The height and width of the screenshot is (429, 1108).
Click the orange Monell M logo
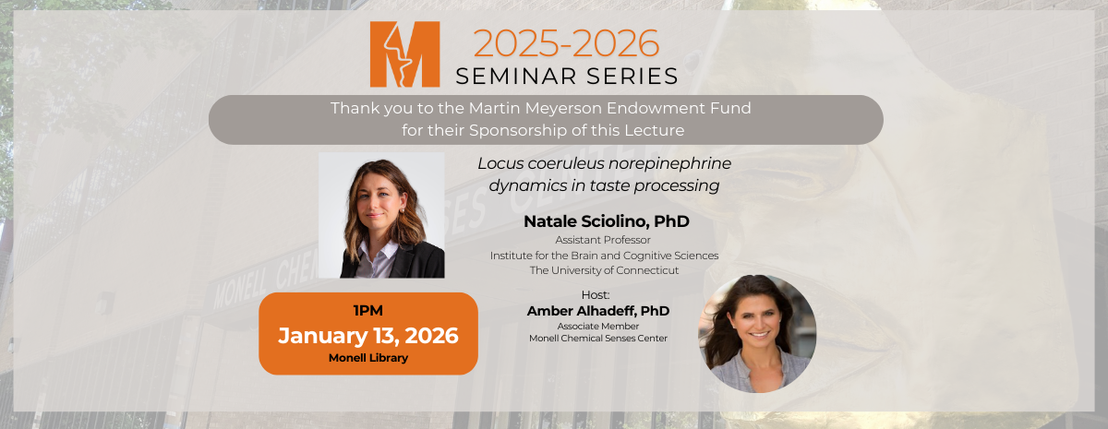click(x=404, y=54)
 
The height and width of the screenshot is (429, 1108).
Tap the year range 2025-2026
click(x=567, y=43)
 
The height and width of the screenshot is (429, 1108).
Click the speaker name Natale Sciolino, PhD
click(x=606, y=221)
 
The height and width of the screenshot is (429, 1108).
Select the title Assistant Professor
click(x=603, y=240)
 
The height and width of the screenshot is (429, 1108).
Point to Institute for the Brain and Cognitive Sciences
click(x=604, y=256)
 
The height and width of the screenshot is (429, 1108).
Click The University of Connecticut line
click(x=604, y=270)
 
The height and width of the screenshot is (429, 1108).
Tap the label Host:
click(x=597, y=295)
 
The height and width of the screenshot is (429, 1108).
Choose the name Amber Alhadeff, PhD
click(x=597, y=311)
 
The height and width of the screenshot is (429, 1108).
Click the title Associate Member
click(x=597, y=326)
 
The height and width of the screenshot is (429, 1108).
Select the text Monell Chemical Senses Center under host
click(x=597, y=339)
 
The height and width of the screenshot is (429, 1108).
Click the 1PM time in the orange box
click(x=367, y=310)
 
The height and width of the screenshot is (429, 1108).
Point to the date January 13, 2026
click(x=367, y=335)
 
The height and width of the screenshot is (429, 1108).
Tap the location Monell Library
click(x=367, y=358)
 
